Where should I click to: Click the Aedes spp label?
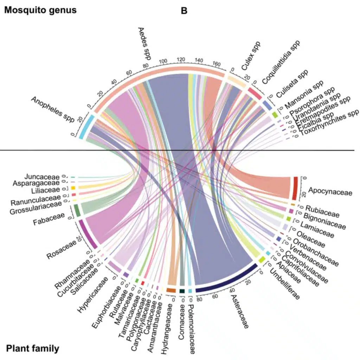(x=144, y=44)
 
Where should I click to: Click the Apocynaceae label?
(x=325, y=192)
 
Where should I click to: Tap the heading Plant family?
(x=32, y=349)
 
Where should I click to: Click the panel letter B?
(x=184, y=11)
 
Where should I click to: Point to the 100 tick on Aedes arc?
(x=163, y=62)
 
